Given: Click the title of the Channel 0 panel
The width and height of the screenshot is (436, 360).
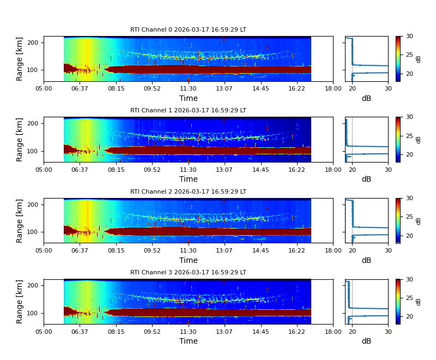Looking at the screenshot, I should [x=188, y=30].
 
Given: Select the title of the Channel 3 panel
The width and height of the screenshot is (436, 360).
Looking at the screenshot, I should [x=188, y=273].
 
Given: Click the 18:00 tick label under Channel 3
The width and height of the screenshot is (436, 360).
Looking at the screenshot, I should [x=333, y=332].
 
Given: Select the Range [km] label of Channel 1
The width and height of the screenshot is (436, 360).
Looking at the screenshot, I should [x=20, y=140].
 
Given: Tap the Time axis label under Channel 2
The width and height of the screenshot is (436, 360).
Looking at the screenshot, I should [x=189, y=260].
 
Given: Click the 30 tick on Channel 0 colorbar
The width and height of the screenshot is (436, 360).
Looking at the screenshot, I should [x=409, y=36].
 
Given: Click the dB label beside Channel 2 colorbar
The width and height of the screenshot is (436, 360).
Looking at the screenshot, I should [x=419, y=220].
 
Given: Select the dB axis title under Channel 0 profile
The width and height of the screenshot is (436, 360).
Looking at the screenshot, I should [x=366, y=98].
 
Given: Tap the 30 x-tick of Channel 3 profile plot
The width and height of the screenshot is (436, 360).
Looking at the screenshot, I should [x=388, y=332].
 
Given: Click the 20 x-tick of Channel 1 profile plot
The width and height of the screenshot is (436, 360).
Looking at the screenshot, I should [x=352, y=170].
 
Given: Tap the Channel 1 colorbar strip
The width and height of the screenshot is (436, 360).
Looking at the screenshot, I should [x=398, y=140].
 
